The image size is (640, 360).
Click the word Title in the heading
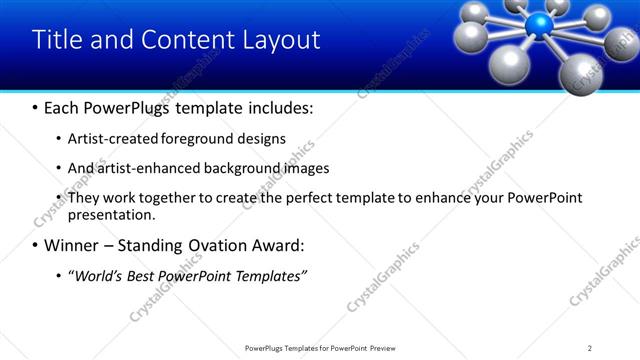55,39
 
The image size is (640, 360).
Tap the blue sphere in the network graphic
542,25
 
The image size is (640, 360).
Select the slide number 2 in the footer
590,348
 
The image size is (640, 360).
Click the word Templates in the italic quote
267,275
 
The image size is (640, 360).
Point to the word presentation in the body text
110,214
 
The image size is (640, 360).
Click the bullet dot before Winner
35,245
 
